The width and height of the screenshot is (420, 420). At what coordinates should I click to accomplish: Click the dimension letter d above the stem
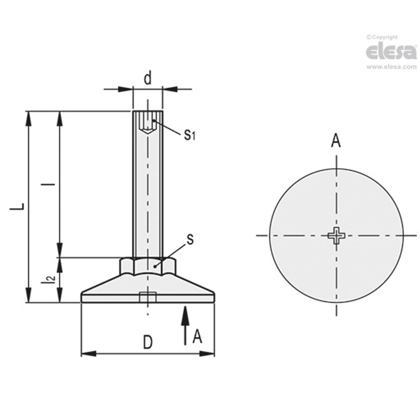[148, 79]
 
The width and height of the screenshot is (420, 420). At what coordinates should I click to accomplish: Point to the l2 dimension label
[51, 279]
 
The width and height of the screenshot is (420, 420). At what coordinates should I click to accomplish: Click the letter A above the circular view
[336, 141]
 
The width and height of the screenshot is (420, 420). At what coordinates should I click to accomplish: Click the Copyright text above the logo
[382, 37]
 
